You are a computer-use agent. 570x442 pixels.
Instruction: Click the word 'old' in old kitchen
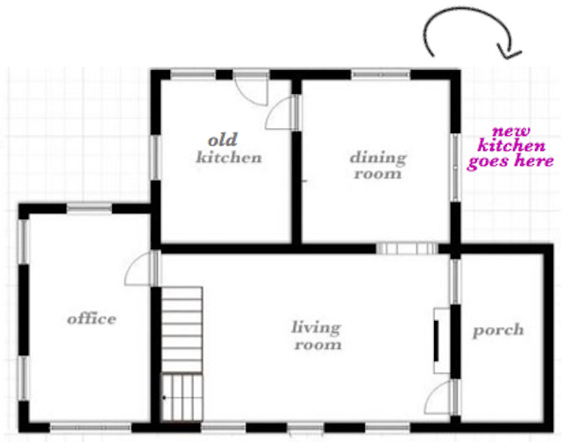[x=223, y=140]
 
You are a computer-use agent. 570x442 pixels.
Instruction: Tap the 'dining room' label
[x=378, y=166]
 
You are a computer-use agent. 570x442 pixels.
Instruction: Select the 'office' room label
[x=91, y=318]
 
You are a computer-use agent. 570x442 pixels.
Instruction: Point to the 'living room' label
[x=317, y=335]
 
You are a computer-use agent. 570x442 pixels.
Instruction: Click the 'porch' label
[x=498, y=331]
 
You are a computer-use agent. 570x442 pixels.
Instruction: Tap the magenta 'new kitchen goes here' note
[x=510, y=147]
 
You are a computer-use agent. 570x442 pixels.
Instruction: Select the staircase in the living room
[x=182, y=354]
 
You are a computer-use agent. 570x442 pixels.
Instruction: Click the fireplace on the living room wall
[x=441, y=340]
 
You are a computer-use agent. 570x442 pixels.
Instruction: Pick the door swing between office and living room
[x=139, y=267]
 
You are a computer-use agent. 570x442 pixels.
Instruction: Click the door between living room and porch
[x=440, y=397]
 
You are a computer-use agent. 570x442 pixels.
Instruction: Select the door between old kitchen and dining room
[x=282, y=112]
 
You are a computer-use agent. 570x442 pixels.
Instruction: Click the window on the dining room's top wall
[x=381, y=75]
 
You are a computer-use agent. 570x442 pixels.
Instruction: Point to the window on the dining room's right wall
[x=455, y=168]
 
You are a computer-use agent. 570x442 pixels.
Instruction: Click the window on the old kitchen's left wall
[x=155, y=158]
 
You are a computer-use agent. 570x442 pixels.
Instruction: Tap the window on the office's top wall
[x=89, y=208]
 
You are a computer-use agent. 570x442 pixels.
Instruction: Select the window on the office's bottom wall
[x=90, y=427]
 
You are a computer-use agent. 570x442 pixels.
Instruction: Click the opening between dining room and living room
[x=407, y=249]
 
